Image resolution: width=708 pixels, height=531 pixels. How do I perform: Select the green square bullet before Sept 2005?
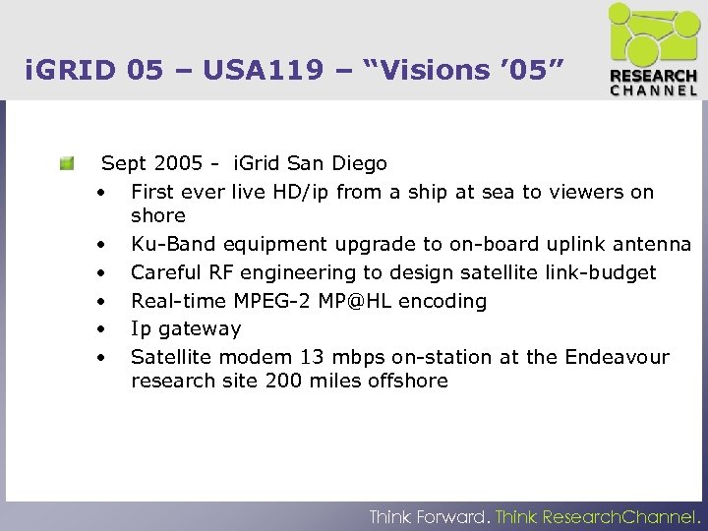66,163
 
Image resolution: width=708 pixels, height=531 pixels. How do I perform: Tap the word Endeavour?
616,357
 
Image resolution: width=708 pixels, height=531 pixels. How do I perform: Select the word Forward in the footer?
450,516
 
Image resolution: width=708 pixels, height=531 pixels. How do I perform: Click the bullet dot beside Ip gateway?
101,328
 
